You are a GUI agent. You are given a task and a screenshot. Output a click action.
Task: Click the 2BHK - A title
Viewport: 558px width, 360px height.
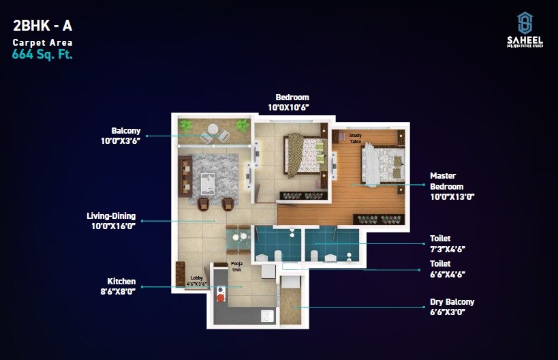(42, 27)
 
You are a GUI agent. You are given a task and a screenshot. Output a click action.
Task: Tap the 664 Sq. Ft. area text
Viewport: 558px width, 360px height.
(42, 55)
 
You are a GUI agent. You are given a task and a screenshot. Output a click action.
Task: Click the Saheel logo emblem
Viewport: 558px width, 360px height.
(525, 23)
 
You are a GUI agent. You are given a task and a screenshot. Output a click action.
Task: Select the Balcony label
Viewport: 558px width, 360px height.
(126, 131)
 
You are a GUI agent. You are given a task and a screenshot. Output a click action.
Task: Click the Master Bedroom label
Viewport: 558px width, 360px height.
(446, 181)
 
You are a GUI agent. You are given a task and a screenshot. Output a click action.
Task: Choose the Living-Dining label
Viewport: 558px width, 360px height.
(111, 216)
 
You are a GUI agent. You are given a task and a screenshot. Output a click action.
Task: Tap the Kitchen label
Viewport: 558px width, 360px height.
(121, 281)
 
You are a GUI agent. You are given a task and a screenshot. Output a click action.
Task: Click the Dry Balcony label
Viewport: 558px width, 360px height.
(452, 302)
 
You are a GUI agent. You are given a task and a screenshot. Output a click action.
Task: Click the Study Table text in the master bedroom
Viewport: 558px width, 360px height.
(355, 138)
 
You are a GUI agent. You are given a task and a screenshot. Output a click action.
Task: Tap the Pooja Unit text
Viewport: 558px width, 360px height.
(236, 266)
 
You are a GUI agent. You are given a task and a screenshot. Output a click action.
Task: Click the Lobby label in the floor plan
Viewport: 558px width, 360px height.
(197, 278)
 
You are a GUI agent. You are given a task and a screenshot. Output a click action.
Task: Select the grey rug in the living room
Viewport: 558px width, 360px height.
(214, 175)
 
